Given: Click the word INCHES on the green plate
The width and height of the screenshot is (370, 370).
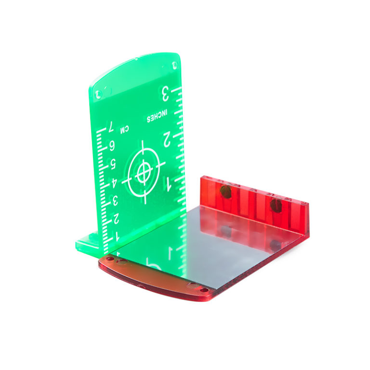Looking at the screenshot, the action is coord(157,116).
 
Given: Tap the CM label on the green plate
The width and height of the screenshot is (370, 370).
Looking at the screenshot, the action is coord(125,129).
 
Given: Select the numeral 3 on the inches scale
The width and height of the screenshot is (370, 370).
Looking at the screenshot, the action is coord(165,94).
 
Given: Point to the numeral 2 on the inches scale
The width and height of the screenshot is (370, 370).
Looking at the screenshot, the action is coord(167,139).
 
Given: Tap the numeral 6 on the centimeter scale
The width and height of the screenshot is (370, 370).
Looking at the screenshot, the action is coord(111,146).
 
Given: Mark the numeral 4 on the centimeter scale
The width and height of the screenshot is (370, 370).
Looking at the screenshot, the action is coord(114,183).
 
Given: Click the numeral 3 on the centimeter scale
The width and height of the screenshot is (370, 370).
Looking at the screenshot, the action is coord(115,201).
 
